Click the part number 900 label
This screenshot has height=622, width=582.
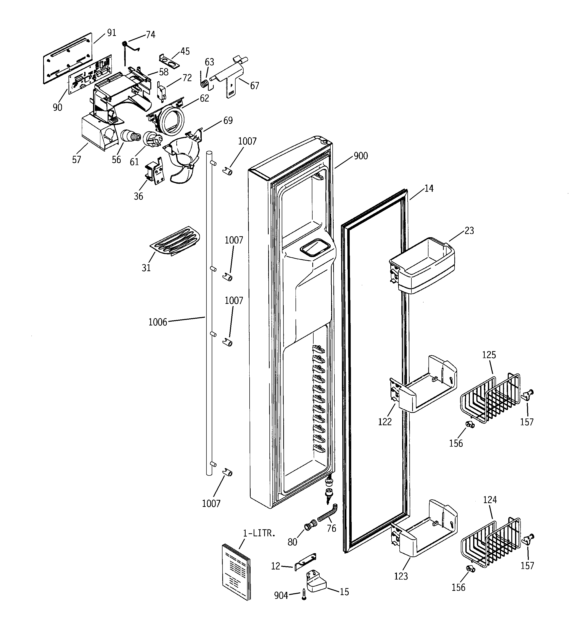pos(360,156)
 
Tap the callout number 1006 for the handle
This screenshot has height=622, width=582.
pos(158,322)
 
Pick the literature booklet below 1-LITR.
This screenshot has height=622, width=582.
pos(236,572)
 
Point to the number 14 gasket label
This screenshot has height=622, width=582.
pos(429,189)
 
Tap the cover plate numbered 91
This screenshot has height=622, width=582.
pos(67,58)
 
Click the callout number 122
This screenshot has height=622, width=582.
pos(385,422)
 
